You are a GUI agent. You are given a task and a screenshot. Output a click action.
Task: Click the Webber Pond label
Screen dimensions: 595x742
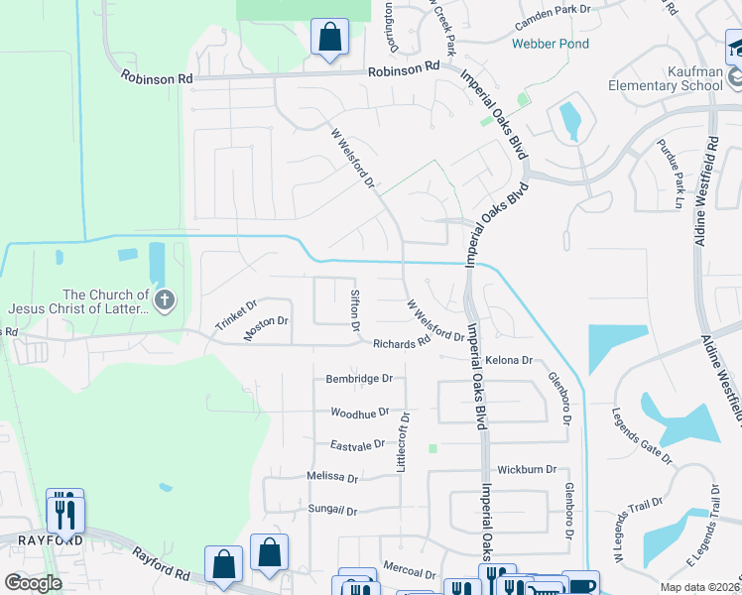click(x=550, y=44)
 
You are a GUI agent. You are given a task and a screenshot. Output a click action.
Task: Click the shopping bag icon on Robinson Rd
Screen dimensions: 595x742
click(x=329, y=39)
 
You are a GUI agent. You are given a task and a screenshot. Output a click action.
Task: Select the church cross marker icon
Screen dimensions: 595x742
click(x=166, y=298)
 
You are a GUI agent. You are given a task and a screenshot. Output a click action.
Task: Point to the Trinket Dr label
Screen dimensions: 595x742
click(x=236, y=316)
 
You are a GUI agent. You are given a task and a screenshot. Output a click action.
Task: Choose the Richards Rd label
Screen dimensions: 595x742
click(x=401, y=343)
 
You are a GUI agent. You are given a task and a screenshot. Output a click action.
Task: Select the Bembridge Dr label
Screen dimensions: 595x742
click(x=359, y=379)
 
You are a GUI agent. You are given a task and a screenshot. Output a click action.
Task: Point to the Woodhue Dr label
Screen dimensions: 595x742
click(x=359, y=412)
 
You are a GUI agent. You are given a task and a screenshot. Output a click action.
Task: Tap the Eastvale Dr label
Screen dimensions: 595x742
click(x=357, y=445)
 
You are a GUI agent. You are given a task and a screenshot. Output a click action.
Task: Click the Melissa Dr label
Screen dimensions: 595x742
click(x=332, y=477)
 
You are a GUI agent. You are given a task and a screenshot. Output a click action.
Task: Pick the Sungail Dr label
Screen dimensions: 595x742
click(x=332, y=511)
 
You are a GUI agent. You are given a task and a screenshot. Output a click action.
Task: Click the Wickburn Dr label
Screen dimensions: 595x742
click(x=527, y=469)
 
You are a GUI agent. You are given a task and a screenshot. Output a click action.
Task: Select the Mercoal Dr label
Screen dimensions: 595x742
click(x=410, y=573)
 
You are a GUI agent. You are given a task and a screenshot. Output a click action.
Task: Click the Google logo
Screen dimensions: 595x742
click(x=33, y=583)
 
